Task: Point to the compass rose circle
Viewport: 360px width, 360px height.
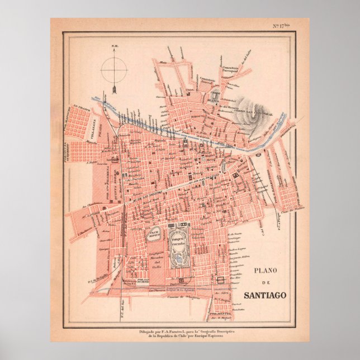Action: (113, 69)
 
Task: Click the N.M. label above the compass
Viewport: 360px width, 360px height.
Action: (114, 46)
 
